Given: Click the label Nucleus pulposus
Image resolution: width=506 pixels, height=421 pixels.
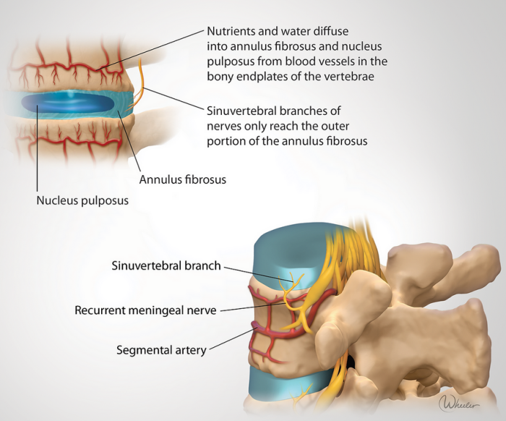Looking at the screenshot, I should (x=82, y=200).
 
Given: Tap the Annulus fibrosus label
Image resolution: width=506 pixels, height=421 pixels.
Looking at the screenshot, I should (x=182, y=179).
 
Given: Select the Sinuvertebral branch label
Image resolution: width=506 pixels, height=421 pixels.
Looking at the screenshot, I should (x=166, y=265).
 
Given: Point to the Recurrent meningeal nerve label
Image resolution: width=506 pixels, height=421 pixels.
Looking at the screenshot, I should (x=145, y=310).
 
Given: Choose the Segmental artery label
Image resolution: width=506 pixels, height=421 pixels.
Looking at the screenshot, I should (x=161, y=350).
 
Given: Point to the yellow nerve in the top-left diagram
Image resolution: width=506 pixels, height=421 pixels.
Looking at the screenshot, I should (x=140, y=83).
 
